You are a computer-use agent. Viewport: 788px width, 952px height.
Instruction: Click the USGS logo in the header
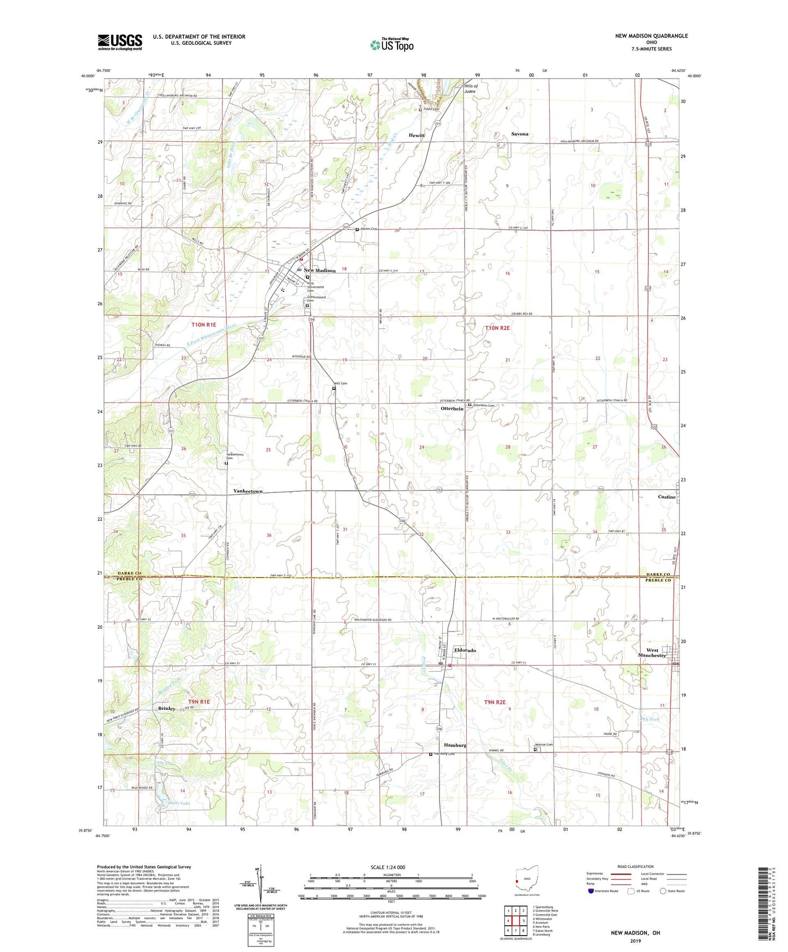(x=120, y=42)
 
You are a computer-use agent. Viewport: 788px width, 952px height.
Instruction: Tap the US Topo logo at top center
(x=392, y=44)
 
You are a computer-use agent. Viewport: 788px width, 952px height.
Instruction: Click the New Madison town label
(x=320, y=270)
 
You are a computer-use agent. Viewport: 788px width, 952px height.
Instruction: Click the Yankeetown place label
(x=248, y=491)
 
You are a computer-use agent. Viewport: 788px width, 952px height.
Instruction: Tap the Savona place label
(x=519, y=134)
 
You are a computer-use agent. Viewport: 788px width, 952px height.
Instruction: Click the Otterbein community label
(x=452, y=408)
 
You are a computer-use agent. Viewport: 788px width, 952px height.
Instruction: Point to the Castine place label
(x=666, y=497)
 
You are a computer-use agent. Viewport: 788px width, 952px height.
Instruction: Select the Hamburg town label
(x=455, y=745)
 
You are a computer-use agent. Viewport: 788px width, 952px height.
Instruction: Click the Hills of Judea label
(x=470, y=89)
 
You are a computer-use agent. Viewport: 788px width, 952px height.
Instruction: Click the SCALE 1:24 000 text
(x=387, y=867)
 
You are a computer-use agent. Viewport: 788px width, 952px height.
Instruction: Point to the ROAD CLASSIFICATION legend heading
(x=636, y=866)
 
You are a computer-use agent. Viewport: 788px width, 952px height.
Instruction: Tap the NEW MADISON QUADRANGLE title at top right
(x=651, y=36)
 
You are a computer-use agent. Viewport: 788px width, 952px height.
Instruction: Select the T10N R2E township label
(x=497, y=328)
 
